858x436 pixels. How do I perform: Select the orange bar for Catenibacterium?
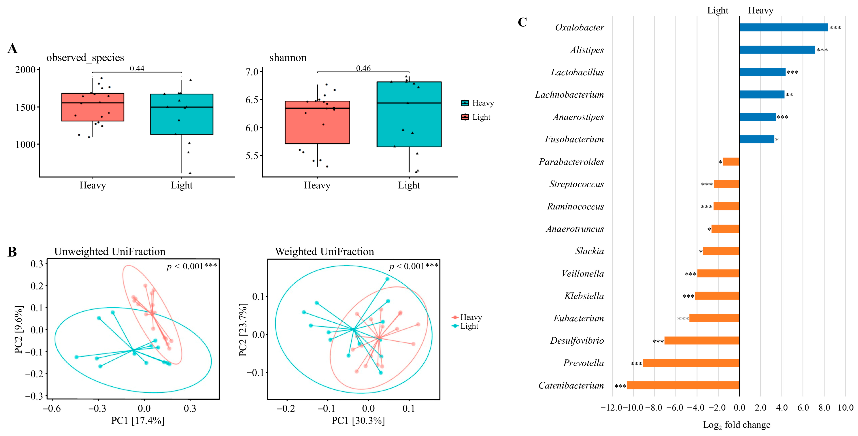pos(683,385)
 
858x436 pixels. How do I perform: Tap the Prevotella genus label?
pos(583,363)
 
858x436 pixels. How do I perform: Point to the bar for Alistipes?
pos(777,50)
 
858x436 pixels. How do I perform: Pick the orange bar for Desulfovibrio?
pos(702,340)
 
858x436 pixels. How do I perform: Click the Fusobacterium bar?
pos(757,139)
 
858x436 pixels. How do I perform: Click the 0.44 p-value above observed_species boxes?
pos(137,68)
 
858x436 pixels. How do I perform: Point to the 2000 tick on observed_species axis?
pos(25,70)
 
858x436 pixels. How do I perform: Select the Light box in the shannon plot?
pos(409,114)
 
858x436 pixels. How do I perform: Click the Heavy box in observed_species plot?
pos(93,107)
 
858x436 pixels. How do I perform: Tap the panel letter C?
pos(522,22)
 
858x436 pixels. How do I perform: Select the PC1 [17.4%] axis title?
pos(137,421)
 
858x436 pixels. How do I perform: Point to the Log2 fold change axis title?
pos(736,425)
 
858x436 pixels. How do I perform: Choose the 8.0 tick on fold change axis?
pos(824,408)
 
